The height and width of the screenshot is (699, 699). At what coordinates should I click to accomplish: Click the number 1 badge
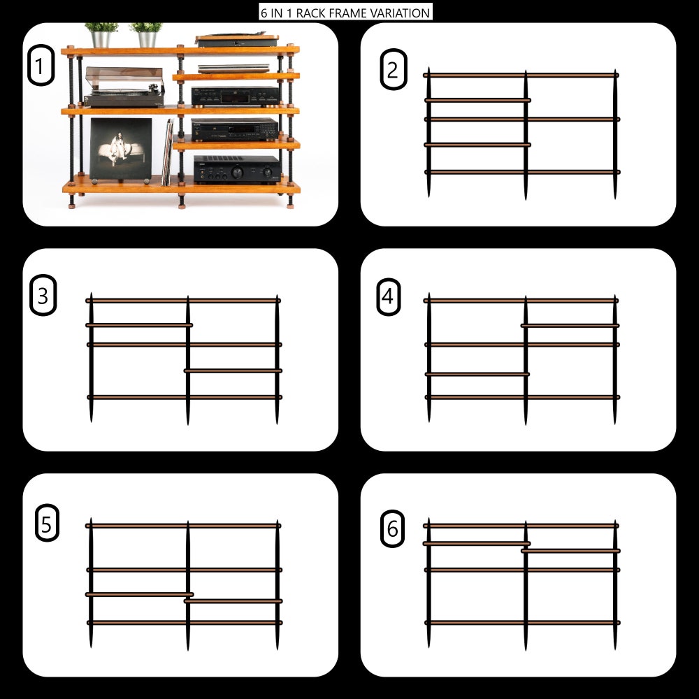click(x=41, y=65)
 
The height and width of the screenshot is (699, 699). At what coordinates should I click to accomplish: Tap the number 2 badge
click(x=393, y=69)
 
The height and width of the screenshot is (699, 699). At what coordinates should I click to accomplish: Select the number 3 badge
click(x=43, y=295)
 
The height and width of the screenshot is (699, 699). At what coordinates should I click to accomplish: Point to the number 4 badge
click(x=388, y=297)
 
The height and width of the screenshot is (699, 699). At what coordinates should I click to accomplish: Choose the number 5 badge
click(x=47, y=523)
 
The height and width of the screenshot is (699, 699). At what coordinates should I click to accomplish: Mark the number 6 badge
click(x=392, y=528)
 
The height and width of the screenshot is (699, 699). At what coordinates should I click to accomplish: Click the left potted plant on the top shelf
click(x=101, y=35)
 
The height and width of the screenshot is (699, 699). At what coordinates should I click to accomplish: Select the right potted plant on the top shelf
click(x=146, y=35)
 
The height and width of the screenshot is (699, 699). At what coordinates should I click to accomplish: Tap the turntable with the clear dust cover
click(x=124, y=87)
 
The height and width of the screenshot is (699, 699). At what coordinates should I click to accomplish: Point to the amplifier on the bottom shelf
click(x=237, y=169)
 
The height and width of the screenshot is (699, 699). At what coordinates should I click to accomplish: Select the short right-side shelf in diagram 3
click(x=233, y=370)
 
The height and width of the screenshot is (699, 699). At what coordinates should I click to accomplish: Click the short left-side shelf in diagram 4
click(x=477, y=374)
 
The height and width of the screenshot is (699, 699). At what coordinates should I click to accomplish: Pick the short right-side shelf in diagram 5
click(x=233, y=601)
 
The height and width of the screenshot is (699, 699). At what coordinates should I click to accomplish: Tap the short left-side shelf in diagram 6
click(x=477, y=543)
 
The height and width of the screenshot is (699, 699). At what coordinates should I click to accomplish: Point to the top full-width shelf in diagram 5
click(x=183, y=526)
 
